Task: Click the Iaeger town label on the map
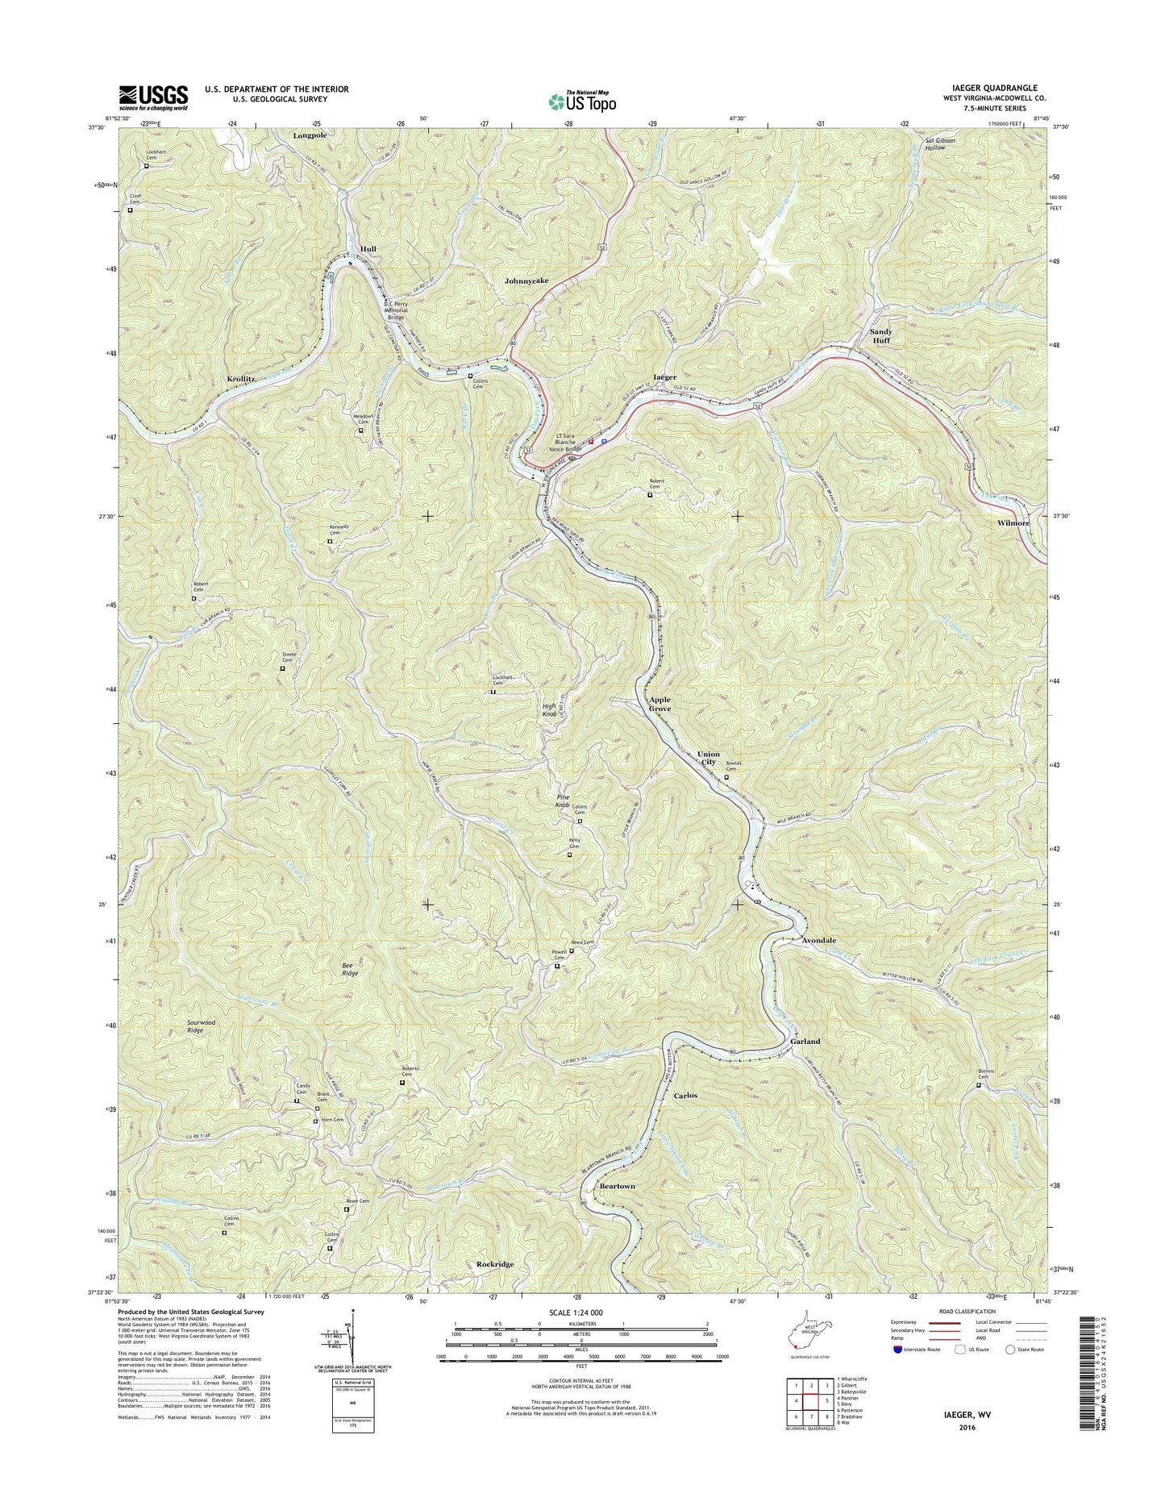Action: coord(664,376)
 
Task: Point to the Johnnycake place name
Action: coord(526,281)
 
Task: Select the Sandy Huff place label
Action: coord(880,336)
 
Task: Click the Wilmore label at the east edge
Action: coord(1013,523)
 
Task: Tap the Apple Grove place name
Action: coord(660,705)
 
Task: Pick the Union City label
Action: coord(708,758)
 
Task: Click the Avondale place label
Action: coord(818,941)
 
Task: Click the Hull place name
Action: coord(368,249)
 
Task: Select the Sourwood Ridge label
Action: coord(201,1026)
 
